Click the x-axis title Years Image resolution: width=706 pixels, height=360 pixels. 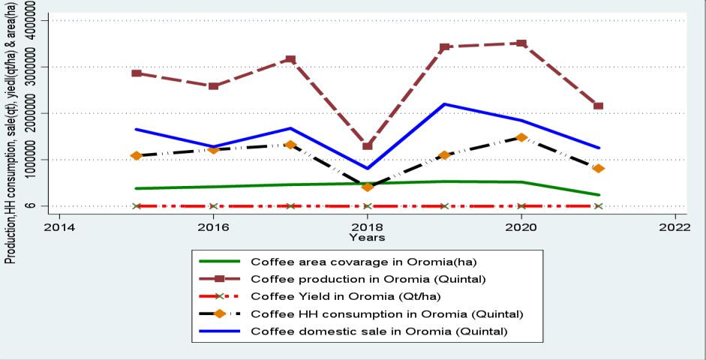point(367,237)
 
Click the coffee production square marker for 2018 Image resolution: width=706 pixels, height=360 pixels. point(368,145)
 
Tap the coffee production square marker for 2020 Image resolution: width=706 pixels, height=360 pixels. point(521,43)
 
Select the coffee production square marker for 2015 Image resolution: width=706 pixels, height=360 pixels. point(137,73)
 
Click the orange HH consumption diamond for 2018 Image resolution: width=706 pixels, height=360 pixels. point(368,187)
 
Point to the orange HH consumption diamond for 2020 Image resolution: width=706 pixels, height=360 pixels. point(521,138)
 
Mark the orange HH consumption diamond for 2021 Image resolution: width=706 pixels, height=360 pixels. point(599,169)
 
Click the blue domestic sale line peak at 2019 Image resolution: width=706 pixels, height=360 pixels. point(444,104)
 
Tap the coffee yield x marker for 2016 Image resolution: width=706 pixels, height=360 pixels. point(213,206)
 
